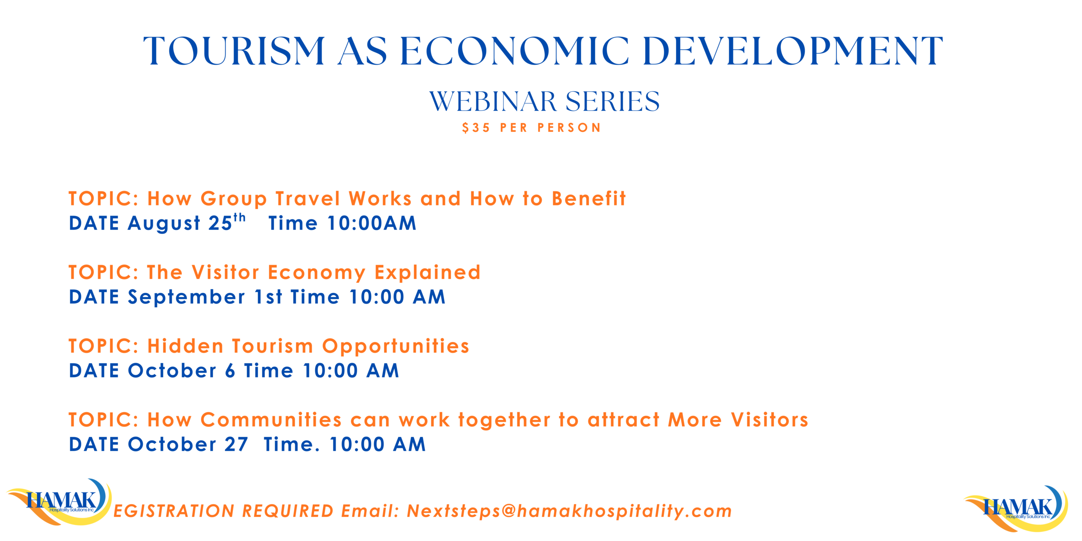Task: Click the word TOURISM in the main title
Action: click(234, 51)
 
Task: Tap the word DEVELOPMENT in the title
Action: click(792, 51)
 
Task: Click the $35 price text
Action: click(476, 128)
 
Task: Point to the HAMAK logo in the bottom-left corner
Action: click(59, 502)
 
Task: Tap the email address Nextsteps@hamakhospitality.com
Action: click(569, 511)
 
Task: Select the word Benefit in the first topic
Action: click(589, 199)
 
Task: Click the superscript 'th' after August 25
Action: click(240, 217)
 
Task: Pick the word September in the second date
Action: click(186, 298)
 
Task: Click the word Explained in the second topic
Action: click(427, 273)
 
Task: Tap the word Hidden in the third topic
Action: click(185, 346)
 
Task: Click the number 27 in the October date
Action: click(236, 445)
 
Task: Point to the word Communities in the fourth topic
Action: click(271, 420)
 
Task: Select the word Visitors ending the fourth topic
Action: click(770, 420)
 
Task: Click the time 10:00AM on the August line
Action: click(372, 223)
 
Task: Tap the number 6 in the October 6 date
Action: click(230, 371)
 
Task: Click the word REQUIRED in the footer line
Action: click(287, 511)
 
